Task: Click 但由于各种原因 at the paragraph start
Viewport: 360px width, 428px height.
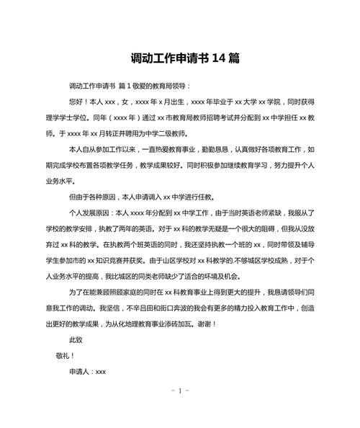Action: [x=94, y=197]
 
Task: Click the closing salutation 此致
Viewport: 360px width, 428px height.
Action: [x=76, y=340]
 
